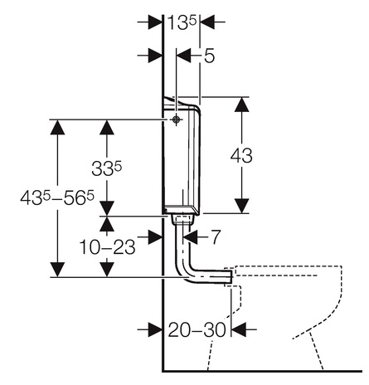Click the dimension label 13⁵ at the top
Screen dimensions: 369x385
[182, 22]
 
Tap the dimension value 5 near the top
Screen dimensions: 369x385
[209, 56]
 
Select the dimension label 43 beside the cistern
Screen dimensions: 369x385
[241, 155]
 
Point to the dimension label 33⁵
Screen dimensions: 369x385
[106, 168]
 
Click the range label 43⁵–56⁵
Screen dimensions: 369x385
[57, 197]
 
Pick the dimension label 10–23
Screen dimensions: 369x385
[107, 246]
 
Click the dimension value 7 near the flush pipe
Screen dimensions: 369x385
[216, 237]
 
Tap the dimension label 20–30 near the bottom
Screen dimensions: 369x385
[197, 329]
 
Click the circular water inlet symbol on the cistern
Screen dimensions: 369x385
[176, 119]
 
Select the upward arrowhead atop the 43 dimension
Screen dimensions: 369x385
[242, 105]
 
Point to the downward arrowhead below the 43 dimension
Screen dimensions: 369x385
[242, 206]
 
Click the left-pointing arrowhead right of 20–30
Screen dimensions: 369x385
[238, 329]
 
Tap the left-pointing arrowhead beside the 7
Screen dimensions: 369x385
[191, 237]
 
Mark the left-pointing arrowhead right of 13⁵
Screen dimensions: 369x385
[207, 22]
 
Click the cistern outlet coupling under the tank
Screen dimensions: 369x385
[182, 219]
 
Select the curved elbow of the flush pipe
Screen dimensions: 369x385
[186, 272]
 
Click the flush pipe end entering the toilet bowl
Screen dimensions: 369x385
[228, 276]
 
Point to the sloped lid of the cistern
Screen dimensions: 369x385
[180, 103]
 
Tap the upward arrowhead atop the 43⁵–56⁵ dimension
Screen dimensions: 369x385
[57, 127]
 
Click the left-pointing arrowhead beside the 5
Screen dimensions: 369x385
[183, 56]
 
